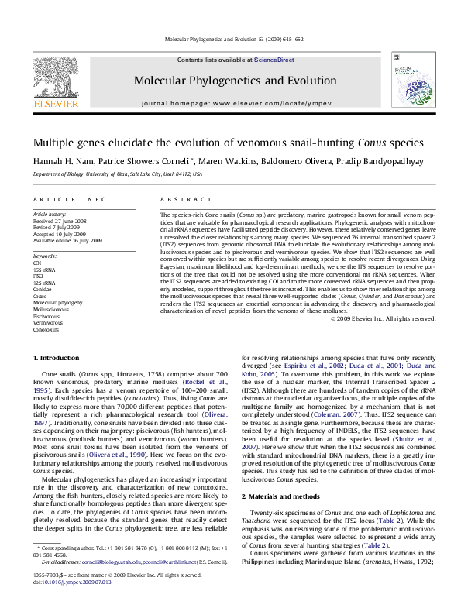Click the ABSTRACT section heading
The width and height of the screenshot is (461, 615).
[175, 200]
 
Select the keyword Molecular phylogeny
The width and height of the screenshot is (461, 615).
[57, 302]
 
